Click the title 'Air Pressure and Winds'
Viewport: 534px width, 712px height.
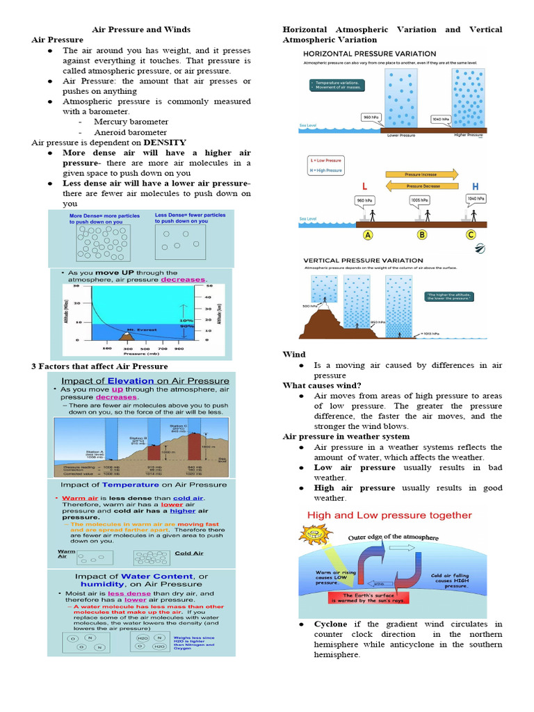click(x=142, y=30)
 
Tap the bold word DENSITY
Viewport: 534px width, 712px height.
click(x=165, y=143)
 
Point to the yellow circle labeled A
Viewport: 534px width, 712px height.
click(x=367, y=235)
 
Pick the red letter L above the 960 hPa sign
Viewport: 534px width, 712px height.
click(x=364, y=186)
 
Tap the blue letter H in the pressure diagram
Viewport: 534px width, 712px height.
click(x=476, y=186)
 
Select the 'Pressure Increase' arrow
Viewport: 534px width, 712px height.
click(x=422, y=175)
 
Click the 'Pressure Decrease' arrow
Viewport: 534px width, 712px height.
click(x=422, y=186)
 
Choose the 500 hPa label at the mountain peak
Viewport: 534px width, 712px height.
click(x=310, y=306)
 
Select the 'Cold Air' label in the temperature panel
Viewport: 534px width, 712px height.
click(x=188, y=553)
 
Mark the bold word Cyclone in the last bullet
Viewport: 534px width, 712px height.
click(x=330, y=624)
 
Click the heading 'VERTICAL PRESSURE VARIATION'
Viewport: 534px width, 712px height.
click(x=363, y=261)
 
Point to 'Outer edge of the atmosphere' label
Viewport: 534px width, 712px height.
click(x=394, y=537)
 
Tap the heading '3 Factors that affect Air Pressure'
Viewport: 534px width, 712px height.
click(x=99, y=366)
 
